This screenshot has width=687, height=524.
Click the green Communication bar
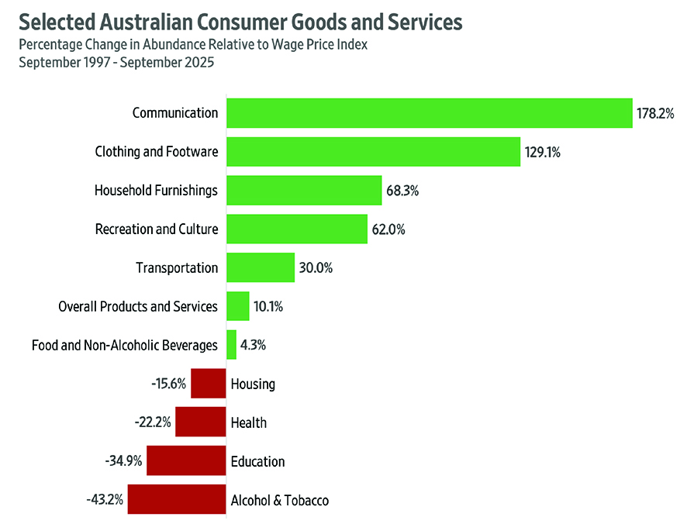(x=429, y=113)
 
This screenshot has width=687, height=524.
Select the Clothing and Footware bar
(x=372, y=152)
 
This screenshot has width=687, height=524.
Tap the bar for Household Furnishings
(x=303, y=190)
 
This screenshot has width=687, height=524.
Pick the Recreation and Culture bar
(x=296, y=229)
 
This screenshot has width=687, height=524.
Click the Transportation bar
(x=260, y=267)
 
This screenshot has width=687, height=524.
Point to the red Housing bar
(x=208, y=384)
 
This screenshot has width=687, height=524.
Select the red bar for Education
(x=186, y=461)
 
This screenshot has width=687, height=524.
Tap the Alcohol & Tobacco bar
(x=177, y=500)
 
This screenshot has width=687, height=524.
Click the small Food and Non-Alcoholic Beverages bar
(x=231, y=345)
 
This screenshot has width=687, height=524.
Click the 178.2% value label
(x=656, y=114)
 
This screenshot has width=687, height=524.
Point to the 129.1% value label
(x=542, y=153)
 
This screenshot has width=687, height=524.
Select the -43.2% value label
(x=105, y=500)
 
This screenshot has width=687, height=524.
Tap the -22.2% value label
(x=152, y=422)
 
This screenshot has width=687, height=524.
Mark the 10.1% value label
(x=268, y=307)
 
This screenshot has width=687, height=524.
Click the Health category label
(x=248, y=422)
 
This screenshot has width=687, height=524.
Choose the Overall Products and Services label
(x=138, y=307)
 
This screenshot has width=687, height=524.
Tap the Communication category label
(x=175, y=113)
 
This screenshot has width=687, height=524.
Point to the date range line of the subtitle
(x=116, y=63)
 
